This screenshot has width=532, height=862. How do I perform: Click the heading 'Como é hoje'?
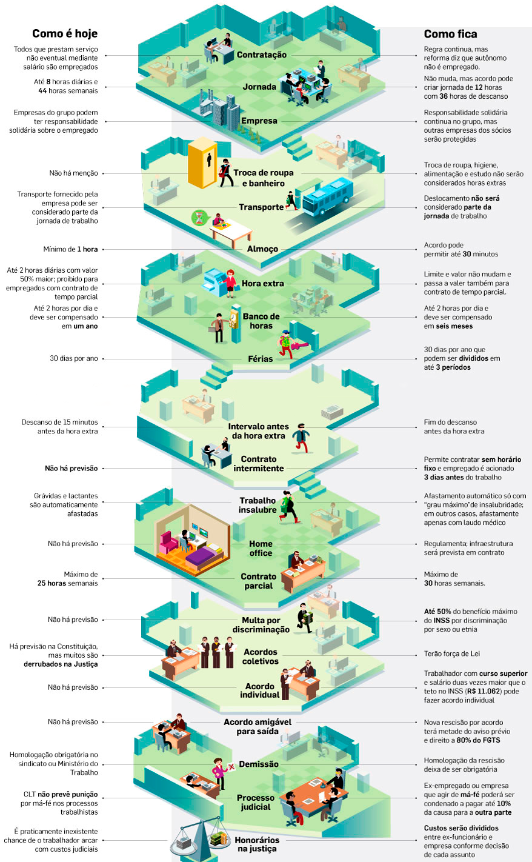coord(65,34)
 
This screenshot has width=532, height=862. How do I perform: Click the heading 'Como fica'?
coord(450,34)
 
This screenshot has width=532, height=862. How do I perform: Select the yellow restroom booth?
coord(202,164)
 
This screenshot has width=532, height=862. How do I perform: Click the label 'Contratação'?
coord(262,55)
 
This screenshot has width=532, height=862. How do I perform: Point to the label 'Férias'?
coord(261,359)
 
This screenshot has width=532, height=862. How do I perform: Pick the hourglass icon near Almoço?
coord(199,218)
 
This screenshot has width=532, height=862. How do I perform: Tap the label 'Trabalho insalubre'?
coord(258,506)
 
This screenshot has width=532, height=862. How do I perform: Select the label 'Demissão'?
coord(259,764)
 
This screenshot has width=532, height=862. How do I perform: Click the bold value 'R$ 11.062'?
coord(483,691)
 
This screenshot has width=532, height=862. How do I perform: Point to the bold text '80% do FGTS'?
coord(479,740)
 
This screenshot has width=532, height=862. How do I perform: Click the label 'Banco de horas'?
coord(261,321)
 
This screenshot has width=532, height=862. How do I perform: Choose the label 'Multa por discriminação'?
coord(261,625)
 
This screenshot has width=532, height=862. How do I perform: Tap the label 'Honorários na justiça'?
coord(257,844)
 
